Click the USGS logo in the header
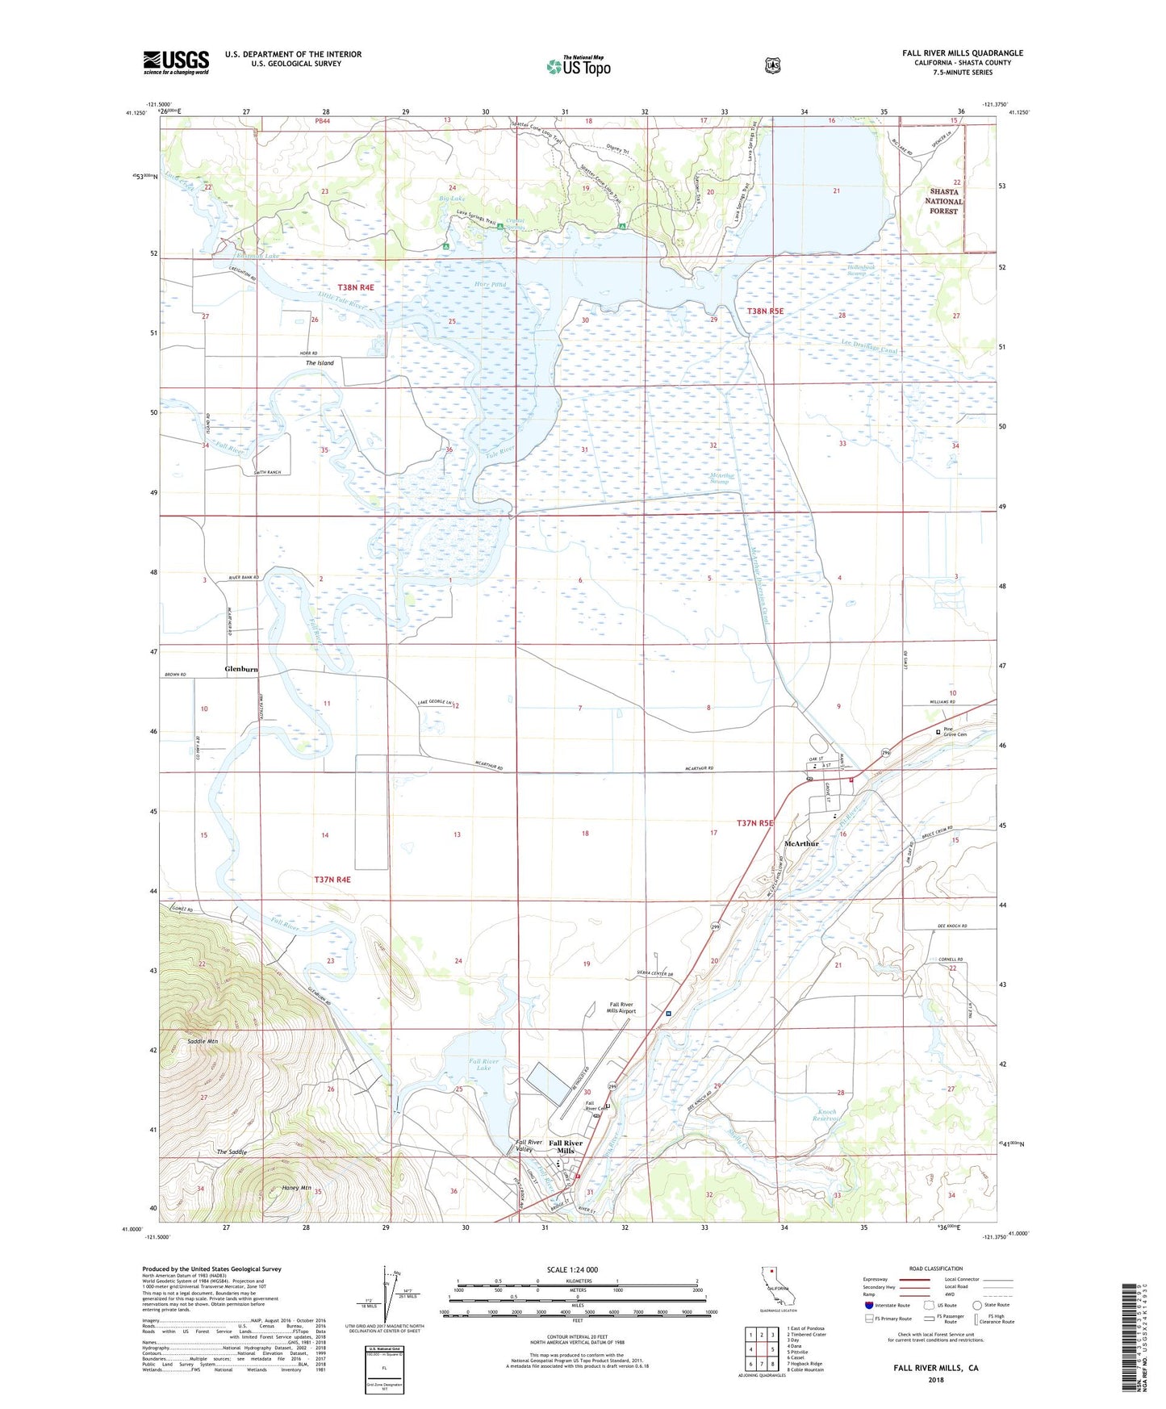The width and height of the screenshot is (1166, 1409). coord(176,62)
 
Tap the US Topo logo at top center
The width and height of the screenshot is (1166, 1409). coord(577,66)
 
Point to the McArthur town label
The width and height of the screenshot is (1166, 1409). coord(801,843)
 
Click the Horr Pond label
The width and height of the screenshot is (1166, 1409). coord(491,285)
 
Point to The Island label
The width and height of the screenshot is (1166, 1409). coord(320,363)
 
